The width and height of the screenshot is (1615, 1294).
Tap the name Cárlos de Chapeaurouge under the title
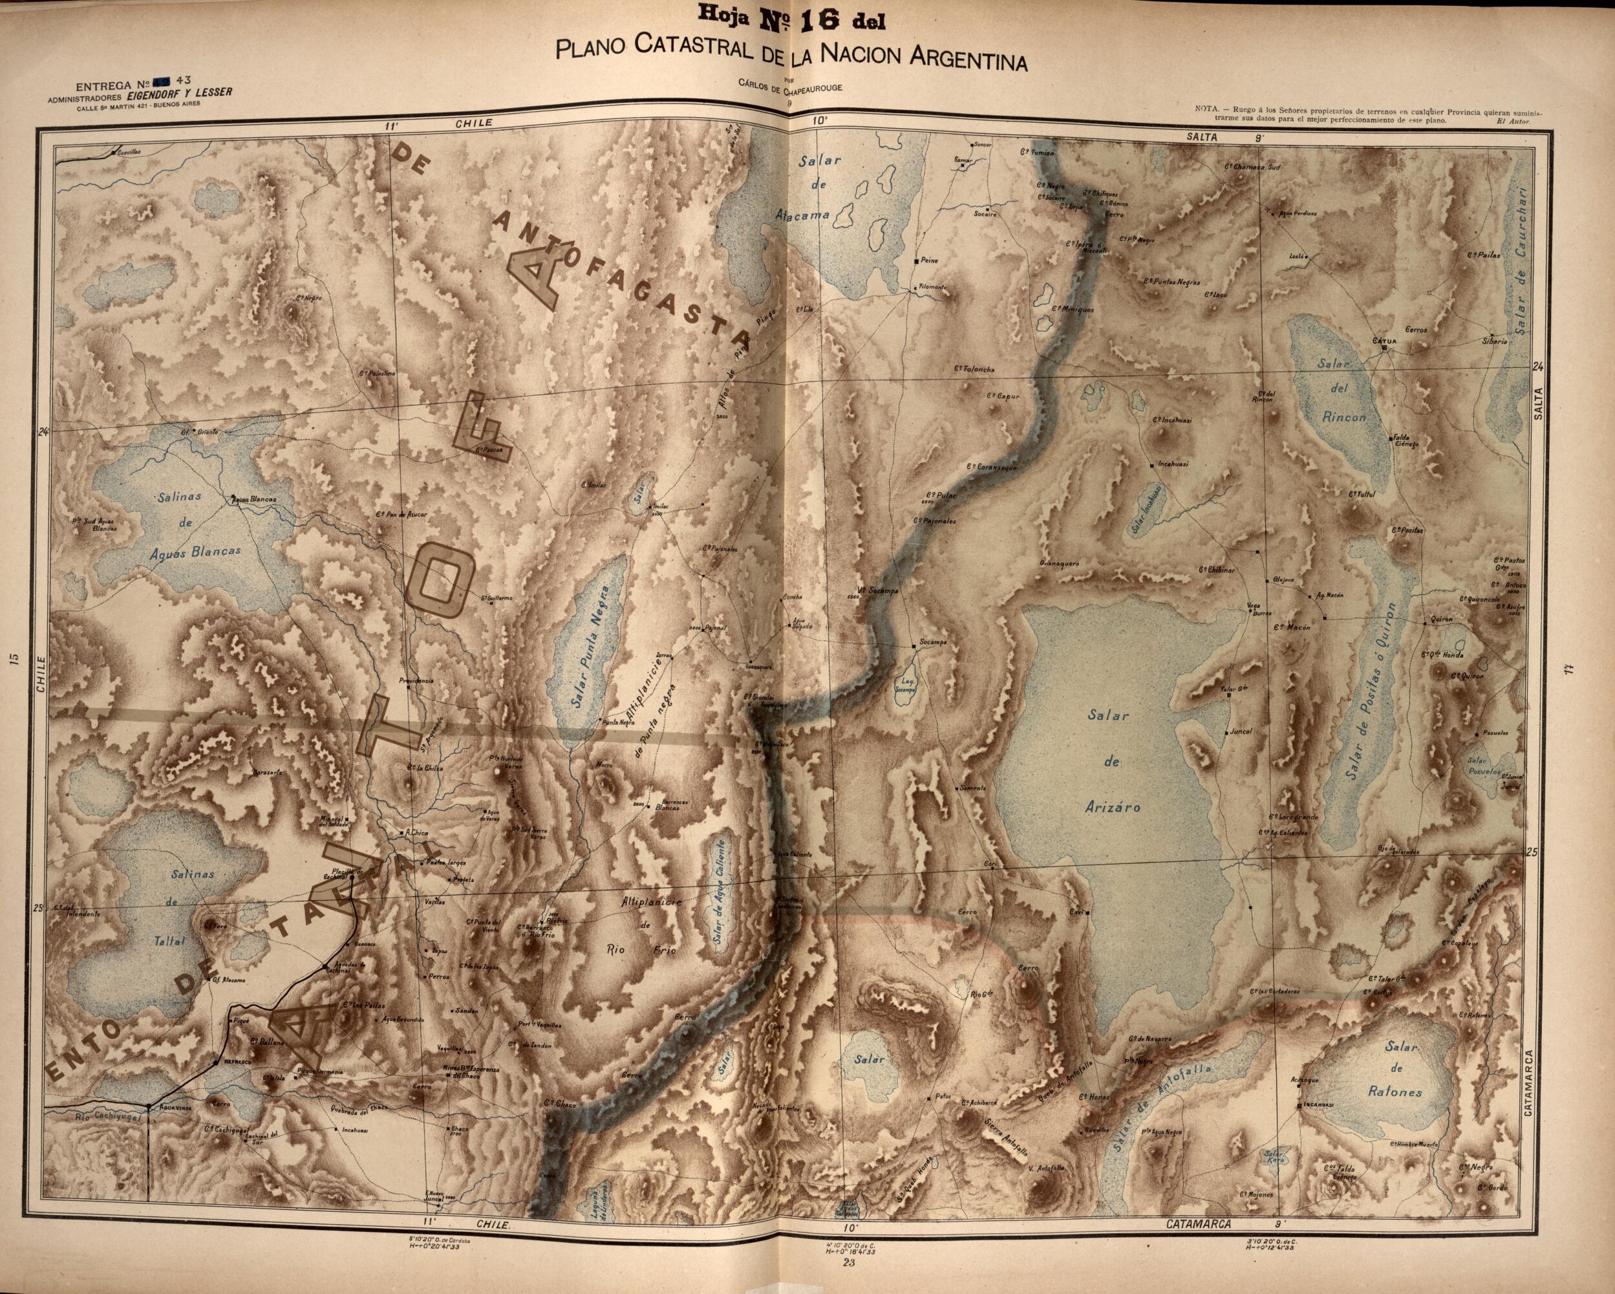click(788, 88)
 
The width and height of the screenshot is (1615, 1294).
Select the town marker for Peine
click(917, 261)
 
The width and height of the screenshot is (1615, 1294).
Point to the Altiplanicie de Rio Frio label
click(648, 927)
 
